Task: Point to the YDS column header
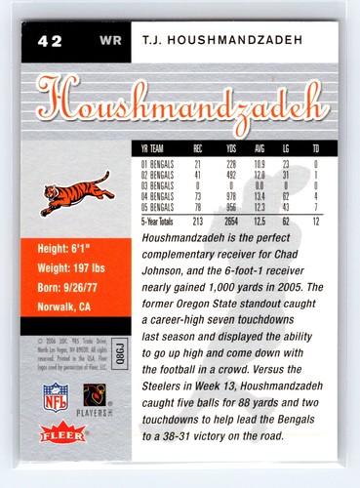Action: pyautogui.click(x=232, y=149)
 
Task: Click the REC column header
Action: pyautogui.click(x=198, y=149)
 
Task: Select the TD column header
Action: pyautogui.click(x=316, y=149)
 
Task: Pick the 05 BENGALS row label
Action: pyautogui.click(x=158, y=205)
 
